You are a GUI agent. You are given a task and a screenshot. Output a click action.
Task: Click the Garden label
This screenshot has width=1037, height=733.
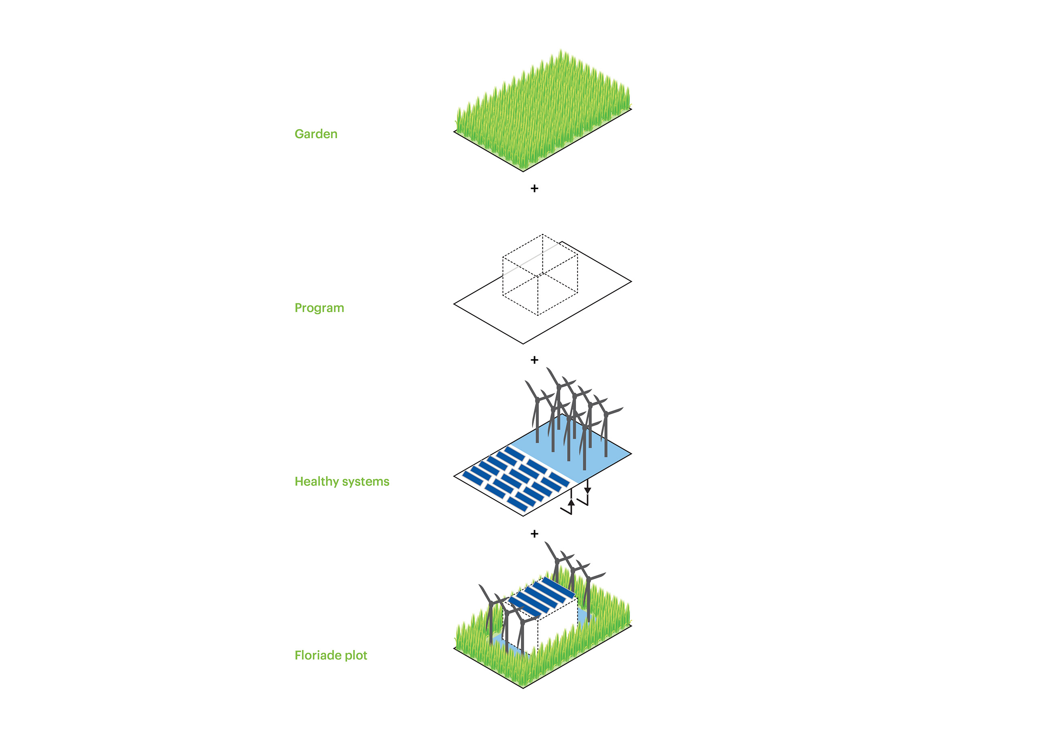316,134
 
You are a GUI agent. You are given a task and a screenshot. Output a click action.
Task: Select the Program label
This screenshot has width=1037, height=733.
319,308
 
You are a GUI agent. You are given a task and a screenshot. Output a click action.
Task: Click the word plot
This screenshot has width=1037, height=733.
356,656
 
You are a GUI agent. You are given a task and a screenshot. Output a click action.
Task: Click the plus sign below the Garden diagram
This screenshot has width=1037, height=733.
534,188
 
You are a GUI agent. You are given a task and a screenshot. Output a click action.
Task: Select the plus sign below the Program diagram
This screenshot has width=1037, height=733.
534,360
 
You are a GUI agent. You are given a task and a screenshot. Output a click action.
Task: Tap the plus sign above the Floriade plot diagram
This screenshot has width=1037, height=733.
534,534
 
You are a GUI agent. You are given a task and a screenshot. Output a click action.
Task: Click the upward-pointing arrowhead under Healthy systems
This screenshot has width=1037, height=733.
571,502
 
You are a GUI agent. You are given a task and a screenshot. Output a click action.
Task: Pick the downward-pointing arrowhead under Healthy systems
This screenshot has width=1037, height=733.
587,490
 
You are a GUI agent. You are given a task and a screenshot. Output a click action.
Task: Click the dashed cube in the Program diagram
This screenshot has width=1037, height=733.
540,275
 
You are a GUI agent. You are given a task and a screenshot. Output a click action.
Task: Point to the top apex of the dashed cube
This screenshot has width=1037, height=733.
542,234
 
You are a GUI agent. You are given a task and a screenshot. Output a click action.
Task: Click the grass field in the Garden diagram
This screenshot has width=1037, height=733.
542,113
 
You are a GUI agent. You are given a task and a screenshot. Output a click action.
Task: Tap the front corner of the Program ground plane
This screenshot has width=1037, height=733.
523,344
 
